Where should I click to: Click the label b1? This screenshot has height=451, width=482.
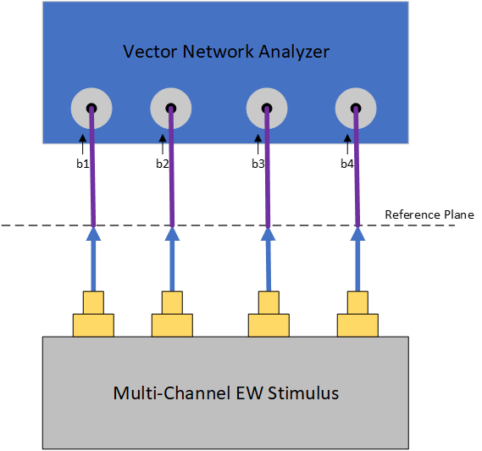[83, 164]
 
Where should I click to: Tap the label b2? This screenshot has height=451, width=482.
[163, 164]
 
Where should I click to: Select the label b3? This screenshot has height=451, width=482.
[258, 164]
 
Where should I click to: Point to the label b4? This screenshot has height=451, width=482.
[347, 164]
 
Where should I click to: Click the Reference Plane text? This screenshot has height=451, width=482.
[429, 214]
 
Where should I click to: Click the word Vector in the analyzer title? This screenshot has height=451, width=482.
[150, 52]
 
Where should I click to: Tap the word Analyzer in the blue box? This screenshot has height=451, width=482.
[294, 52]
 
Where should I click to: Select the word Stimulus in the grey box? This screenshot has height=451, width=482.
[303, 393]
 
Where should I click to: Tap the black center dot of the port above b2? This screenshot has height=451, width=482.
[171, 109]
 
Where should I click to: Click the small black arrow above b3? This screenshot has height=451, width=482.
[258, 145]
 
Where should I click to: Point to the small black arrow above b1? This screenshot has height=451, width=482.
[82, 145]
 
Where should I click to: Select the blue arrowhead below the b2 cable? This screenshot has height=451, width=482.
[172, 234]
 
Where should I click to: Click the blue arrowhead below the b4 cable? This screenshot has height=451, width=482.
[357, 234]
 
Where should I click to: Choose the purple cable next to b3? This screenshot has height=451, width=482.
[268, 168]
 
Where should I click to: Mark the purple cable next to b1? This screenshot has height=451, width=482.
[92, 168]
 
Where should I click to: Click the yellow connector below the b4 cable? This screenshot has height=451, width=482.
[357, 314]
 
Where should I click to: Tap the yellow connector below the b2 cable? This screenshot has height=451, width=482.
[172, 314]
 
